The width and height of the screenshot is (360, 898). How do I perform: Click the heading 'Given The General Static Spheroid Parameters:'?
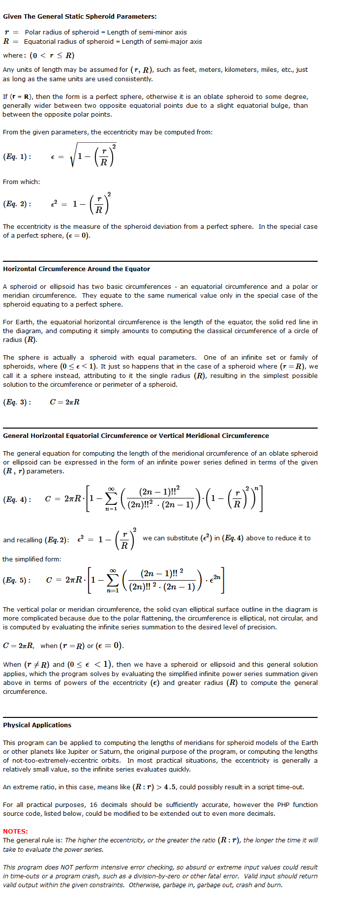[x=80, y=16]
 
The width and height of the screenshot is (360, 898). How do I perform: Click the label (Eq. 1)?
[x=17, y=156]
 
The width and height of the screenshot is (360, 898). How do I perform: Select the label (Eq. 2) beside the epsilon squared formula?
[x=17, y=204]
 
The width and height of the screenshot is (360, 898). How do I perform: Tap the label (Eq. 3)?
[x=17, y=402]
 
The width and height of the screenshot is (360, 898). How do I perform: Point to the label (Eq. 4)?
[x=17, y=499]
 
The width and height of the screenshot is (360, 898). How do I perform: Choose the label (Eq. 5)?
[x=17, y=580]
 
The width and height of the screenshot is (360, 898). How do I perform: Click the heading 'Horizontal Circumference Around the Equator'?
[x=76, y=269]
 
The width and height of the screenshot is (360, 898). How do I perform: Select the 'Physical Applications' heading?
[x=37, y=725]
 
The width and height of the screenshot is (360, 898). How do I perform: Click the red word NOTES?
[x=15, y=831]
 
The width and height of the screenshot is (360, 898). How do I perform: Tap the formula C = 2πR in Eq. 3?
[x=64, y=402]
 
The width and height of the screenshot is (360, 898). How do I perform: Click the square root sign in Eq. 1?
[x=73, y=156]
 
